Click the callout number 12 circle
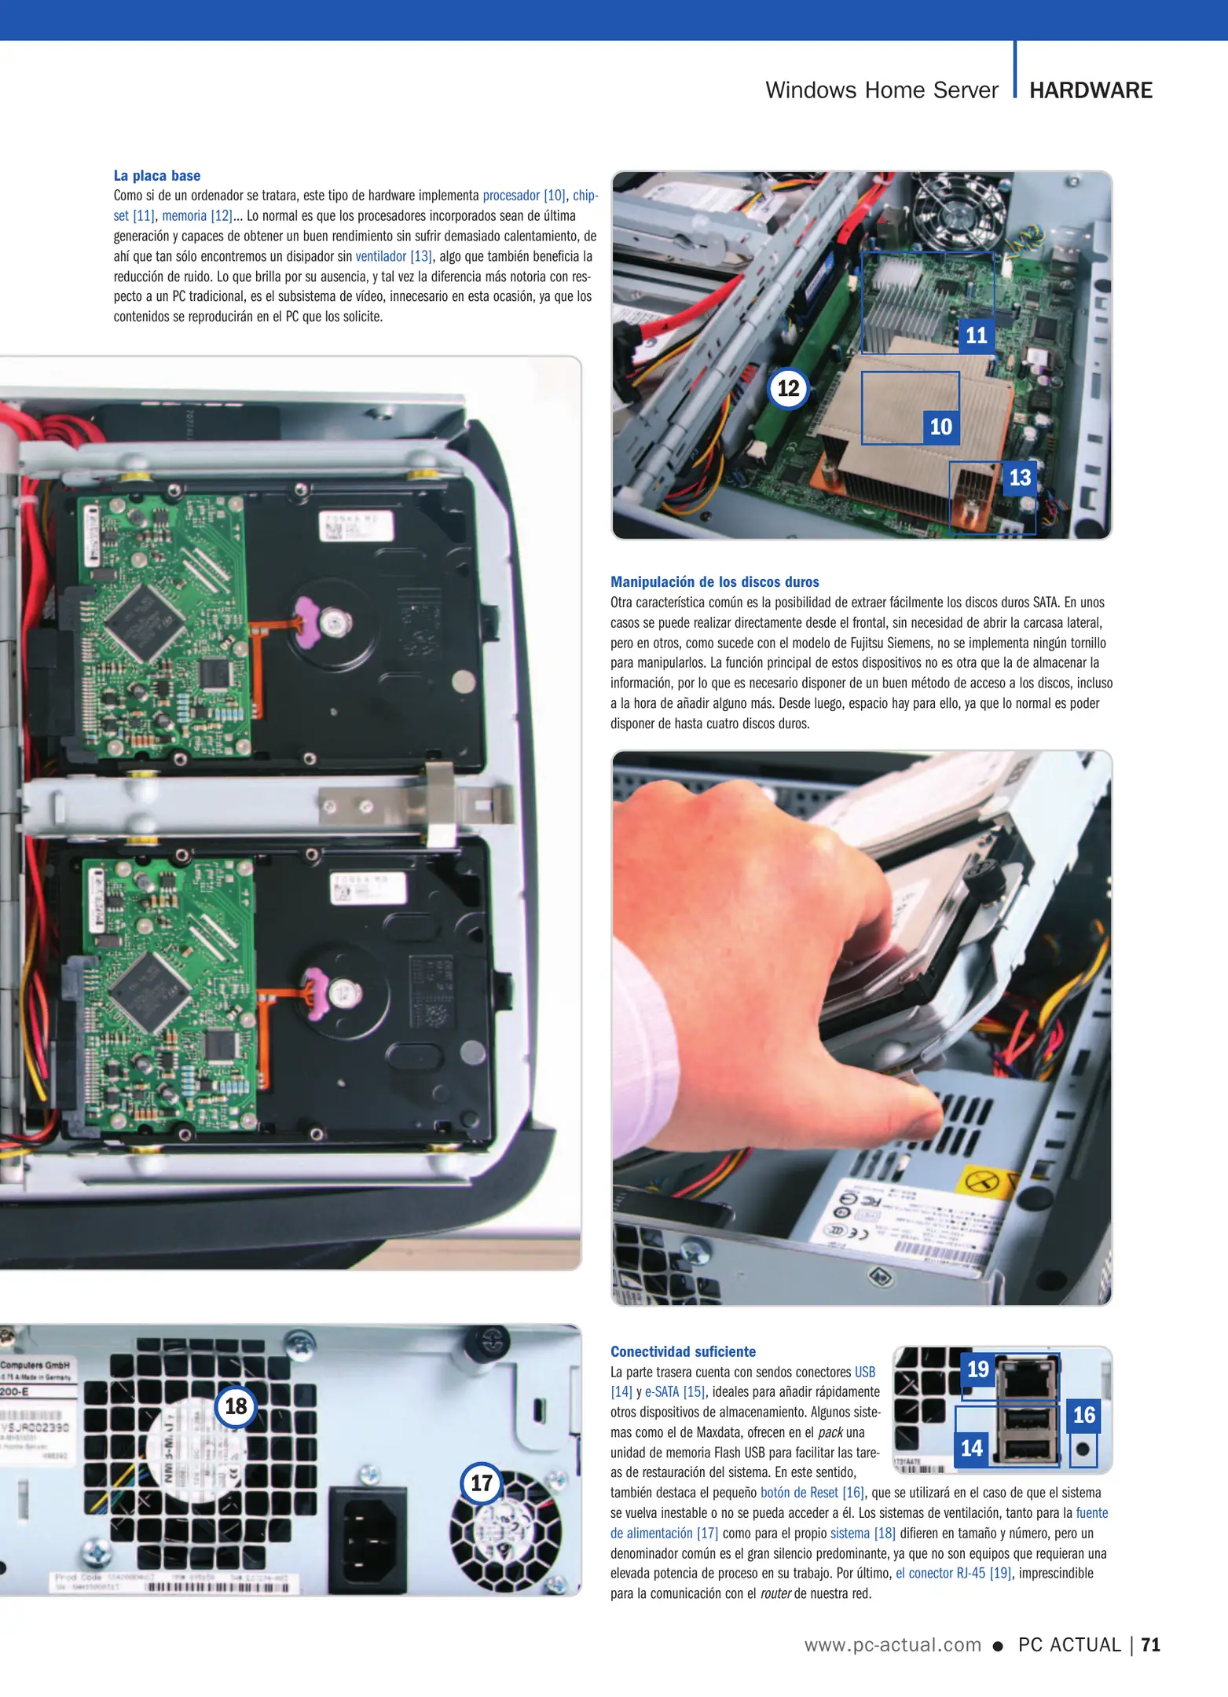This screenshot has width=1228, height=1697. click(788, 388)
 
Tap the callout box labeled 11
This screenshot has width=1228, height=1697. click(976, 335)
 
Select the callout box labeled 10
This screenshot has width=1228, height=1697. click(940, 427)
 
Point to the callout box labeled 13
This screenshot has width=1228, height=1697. click(1019, 477)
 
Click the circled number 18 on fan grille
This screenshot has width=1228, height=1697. click(236, 1406)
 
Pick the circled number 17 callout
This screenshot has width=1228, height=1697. click(481, 1483)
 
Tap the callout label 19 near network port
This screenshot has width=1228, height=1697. click(977, 1369)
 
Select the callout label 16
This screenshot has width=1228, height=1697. click(1083, 1415)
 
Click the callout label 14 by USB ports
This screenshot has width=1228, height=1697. click(972, 1447)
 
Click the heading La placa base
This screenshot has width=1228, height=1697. click(157, 176)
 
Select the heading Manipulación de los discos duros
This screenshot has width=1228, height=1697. click(714, 582)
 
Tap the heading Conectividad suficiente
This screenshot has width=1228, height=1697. click(683, 1351)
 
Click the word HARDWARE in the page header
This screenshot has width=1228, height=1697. click(1091, 90)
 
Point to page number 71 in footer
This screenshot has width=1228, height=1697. click(1151, 1644)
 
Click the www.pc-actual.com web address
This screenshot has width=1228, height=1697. click(893, 1644)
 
